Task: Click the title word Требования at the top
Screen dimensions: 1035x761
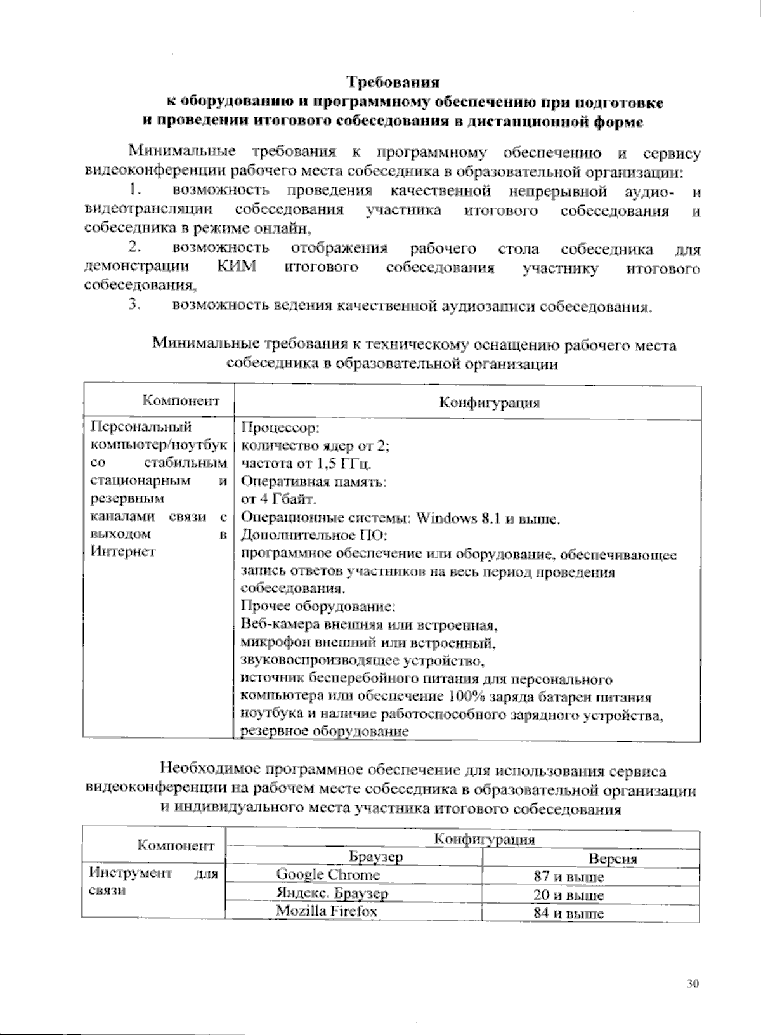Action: [393, 82]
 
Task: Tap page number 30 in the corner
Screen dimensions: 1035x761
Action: [692, 984]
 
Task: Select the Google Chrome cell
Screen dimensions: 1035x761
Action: [328, 874]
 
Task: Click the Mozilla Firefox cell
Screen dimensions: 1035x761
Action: [327, 911]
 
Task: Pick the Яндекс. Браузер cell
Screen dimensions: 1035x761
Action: [332, 893]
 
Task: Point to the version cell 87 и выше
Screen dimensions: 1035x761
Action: [569, 878]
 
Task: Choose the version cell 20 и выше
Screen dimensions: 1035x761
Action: [569, 896]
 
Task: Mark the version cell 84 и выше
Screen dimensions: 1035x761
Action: [569, 914]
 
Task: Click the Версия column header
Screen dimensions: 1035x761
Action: [612, 859]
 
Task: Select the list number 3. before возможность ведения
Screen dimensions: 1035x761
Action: [133, 305]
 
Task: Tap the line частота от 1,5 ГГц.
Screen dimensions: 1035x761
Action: [307, 463]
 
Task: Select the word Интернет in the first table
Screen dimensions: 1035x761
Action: [122, 551]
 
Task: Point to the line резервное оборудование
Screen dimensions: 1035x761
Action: [323, 731]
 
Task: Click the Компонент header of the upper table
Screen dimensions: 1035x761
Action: [181, 400]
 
